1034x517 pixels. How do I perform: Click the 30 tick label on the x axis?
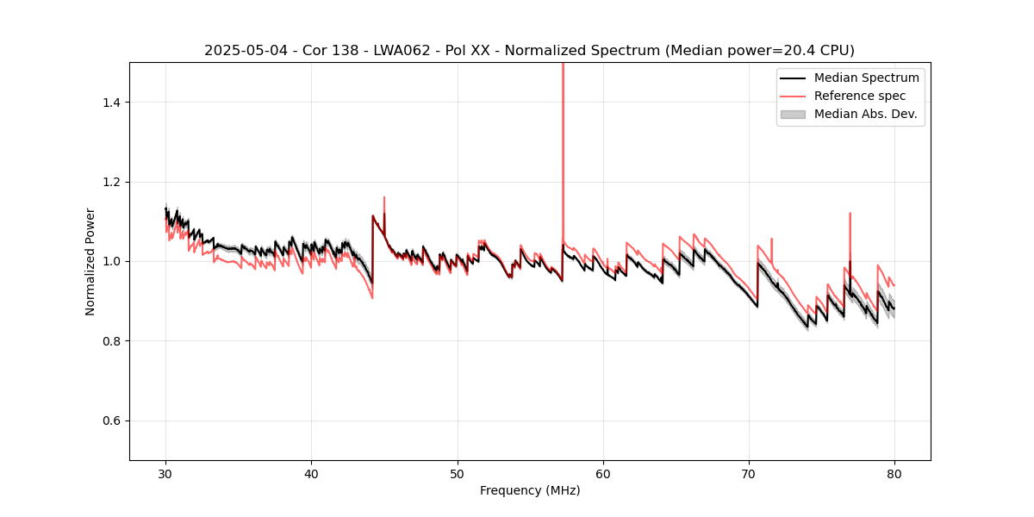pyautogui.click(x=166, y=473)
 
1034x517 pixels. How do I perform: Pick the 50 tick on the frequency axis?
pyautogui.click(x=458, y=473)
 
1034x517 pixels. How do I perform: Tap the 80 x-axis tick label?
pyautogui.click(x=894, y=473)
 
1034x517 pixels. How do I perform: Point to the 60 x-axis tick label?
pyautogui.click(x=603, y=473)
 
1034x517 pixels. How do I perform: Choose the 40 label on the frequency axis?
pyautogui.click(x=312, y=473)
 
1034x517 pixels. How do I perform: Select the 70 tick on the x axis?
pyautogui.click(x=749, y=473)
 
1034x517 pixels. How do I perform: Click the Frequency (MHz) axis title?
pyautogui.click(x=530, y=490)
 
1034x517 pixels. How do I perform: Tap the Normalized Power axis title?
pyautogui.click(x=90, y=261)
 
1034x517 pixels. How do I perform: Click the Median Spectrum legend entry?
pyautogui.click(x=866, y=78)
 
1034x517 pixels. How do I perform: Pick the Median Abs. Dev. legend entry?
pyautogui.click(x=865, y=114)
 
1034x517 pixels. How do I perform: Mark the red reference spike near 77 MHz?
pyautogui.click(x=850, y=215)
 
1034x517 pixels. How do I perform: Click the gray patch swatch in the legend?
pyautogui.click(x=793, y=114)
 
